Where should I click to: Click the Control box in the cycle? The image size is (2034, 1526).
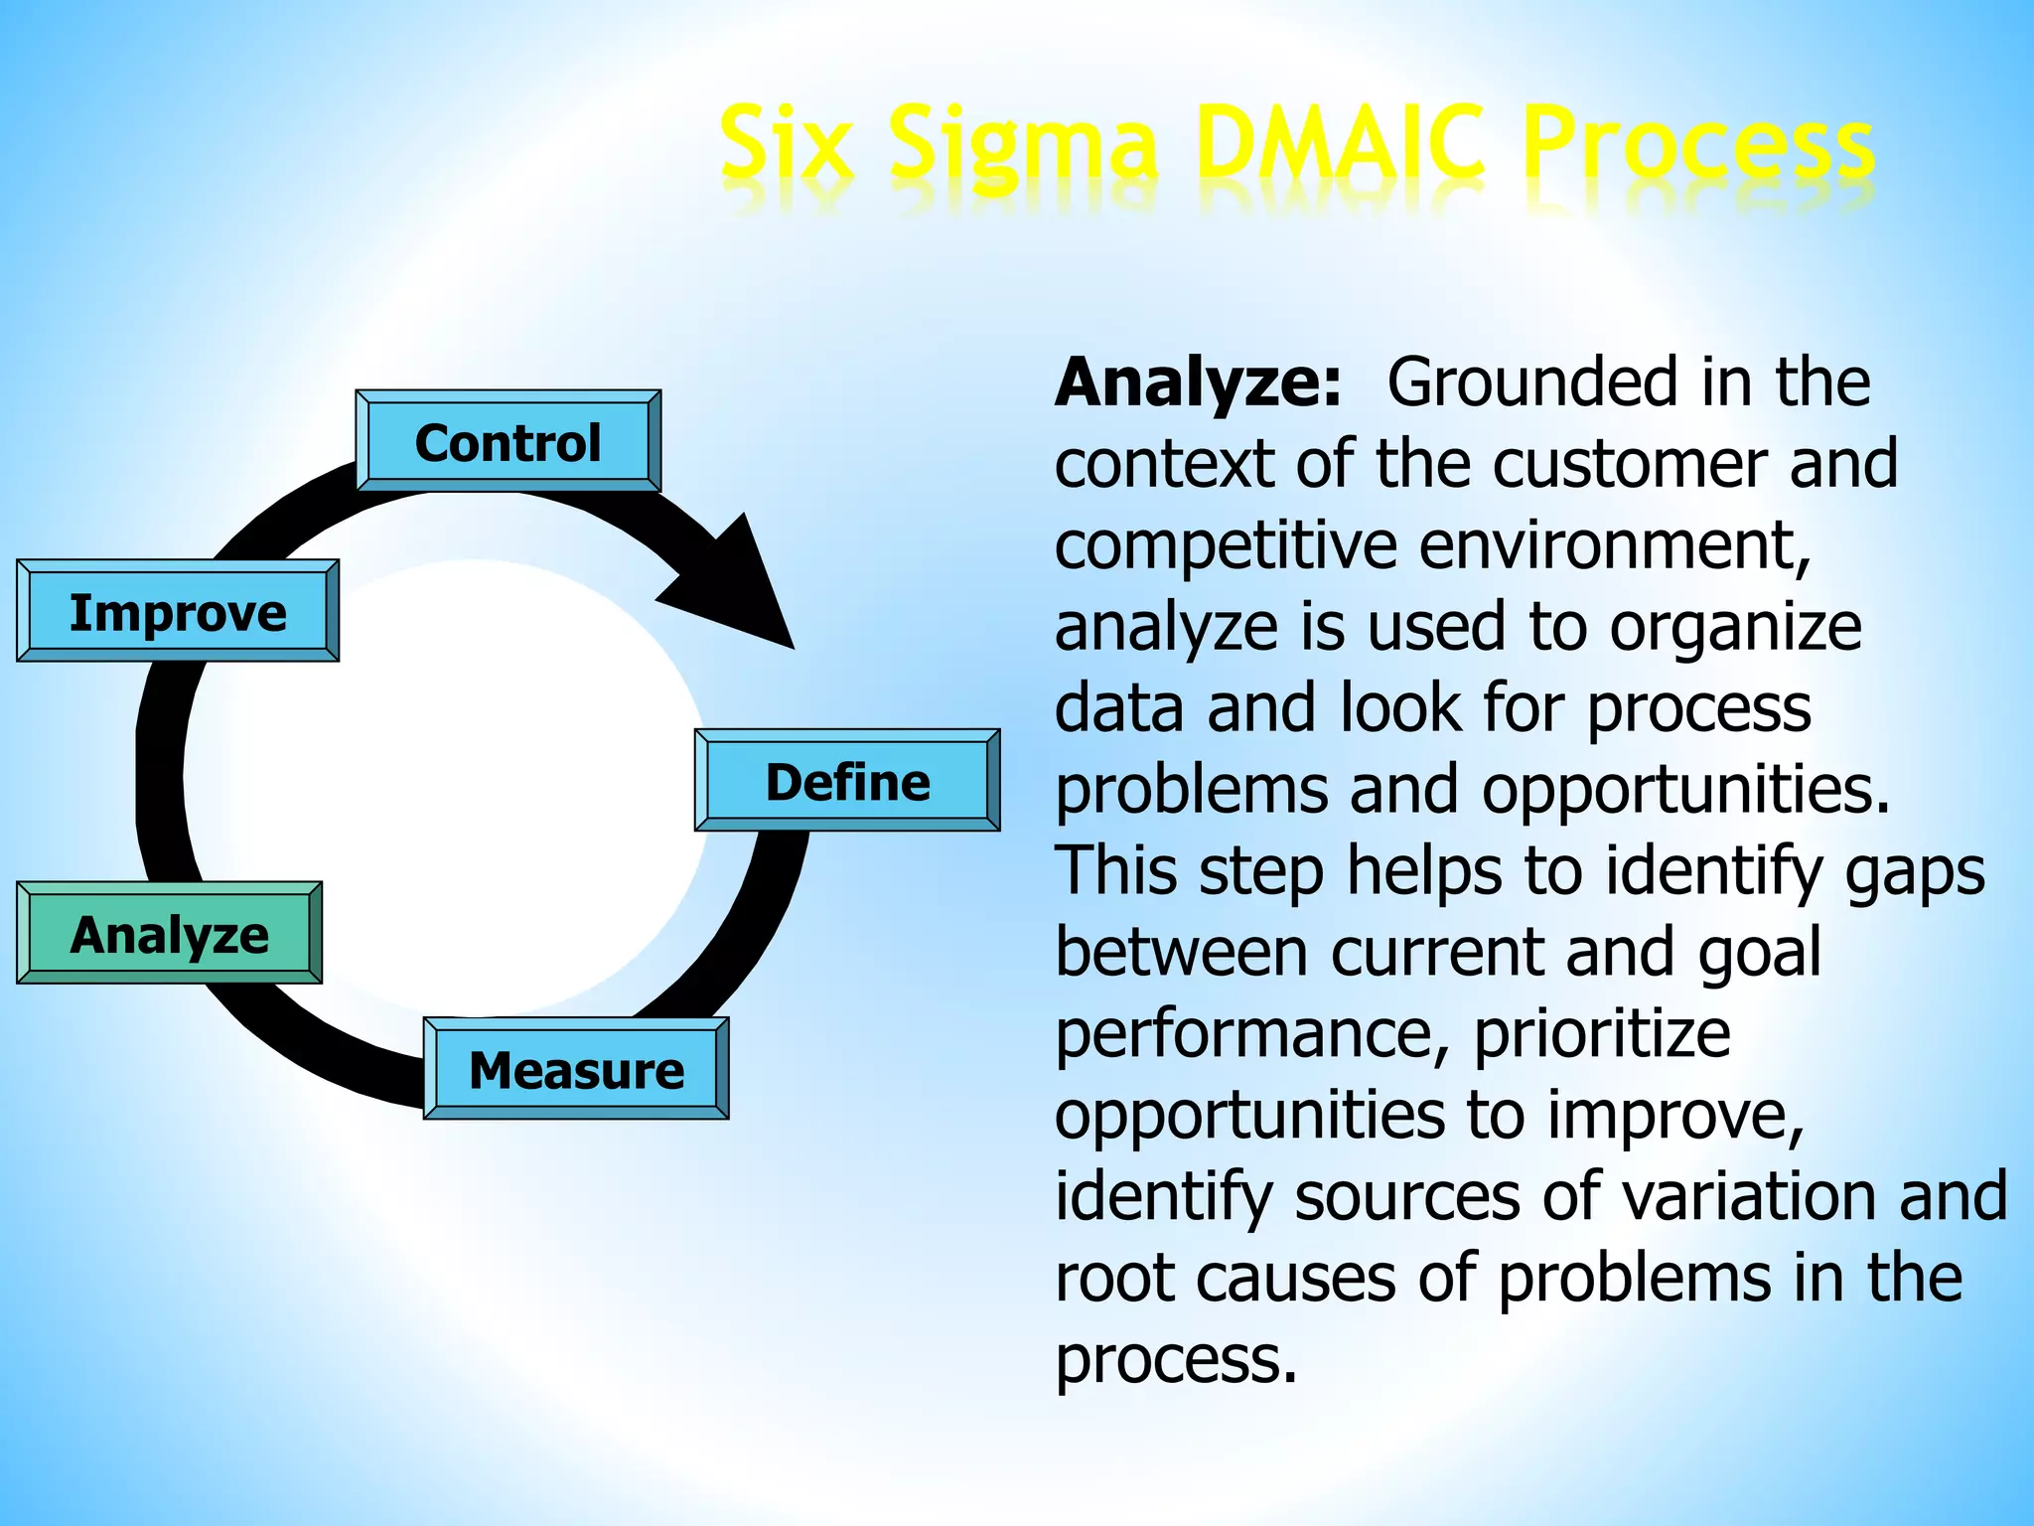pyautogui.click(x=508, y=441)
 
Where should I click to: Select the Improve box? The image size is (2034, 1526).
pyautogui.click(x=178, y=611)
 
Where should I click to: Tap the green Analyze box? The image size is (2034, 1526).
pyautogui.click(x=169, y=934)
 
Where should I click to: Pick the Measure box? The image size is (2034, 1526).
pyautogui.click(x=576, y=1069)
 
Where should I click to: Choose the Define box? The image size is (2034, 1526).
pyautogui.click(x=847, y=781)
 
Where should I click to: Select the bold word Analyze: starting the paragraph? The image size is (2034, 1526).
pyautogui.click(x=1198, y=382)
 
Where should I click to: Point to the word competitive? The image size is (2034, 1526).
pyautogui.click(x=1226, y=546)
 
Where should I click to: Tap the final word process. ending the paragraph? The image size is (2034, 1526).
pyautogui.click(x=1176, y=1361)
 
